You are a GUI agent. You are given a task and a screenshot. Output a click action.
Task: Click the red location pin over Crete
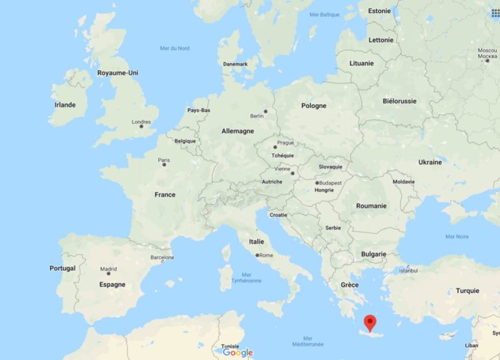point(370,322)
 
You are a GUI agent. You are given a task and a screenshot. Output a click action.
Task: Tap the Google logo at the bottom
point(238,353)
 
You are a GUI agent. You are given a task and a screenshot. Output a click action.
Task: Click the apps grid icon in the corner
point(493,10)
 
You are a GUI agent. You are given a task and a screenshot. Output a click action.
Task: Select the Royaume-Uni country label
point(118,73)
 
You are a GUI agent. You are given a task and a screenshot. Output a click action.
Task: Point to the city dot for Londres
point(141,128)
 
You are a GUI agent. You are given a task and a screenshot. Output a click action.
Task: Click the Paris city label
point(163,160)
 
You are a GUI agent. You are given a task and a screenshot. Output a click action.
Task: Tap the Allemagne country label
point(238,131)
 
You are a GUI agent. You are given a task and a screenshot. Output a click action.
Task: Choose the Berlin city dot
point(265,111)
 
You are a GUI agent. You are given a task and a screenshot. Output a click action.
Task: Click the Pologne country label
point(314,105)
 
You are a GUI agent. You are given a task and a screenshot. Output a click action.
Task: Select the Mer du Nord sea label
point(174,48)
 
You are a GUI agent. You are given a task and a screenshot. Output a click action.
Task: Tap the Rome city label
point(266,255)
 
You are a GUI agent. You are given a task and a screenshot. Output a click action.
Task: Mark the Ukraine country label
point(430,162)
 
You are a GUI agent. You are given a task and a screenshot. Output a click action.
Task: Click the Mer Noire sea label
point(456,236)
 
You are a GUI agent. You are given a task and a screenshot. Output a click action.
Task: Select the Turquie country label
point(467,291)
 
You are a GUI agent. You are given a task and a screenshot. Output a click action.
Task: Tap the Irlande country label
point(65,105)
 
